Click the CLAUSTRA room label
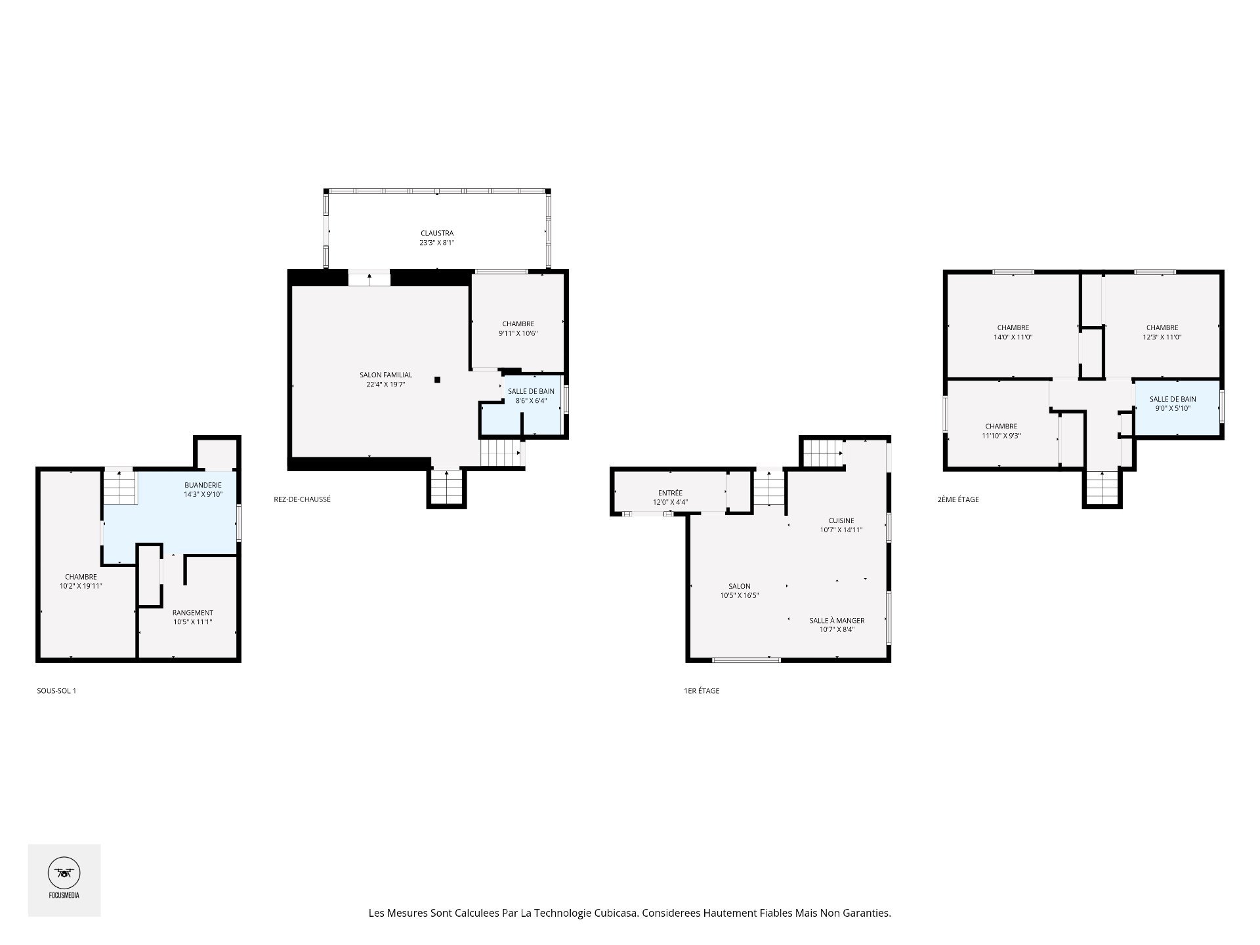point(437,233)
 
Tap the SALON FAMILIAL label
point(386,375)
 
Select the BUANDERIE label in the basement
point(203,485)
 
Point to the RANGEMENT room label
point(193,613)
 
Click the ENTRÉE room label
point(670,493)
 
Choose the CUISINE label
point(841,520)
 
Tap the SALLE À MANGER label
point(837,620)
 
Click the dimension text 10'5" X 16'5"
point(740,596)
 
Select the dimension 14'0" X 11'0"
point(1013,337)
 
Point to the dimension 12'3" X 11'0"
point(1162,337)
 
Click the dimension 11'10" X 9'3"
point(1001,436)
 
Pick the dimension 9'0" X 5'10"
point(1173,408)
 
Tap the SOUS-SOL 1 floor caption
point(56,690)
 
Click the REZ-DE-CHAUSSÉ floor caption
point(302,499)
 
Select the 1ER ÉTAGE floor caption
point(702,690)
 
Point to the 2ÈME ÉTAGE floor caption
point(958,499)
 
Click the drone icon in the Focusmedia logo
point(64,873)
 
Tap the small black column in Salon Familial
point(437,379)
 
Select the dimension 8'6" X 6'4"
point(531,400)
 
